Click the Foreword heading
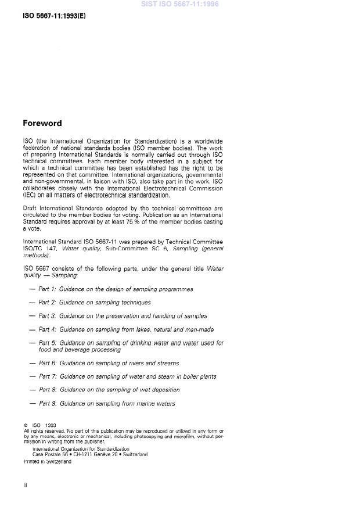pos(42,123)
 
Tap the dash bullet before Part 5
pos(31,343)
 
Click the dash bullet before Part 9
pos(31,404)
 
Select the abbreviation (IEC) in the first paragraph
pos(30,196)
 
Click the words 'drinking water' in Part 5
pos(146,343)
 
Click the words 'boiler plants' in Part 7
pos(198,376)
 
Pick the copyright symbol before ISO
pos(26,425)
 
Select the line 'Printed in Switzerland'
pos(47,461)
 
